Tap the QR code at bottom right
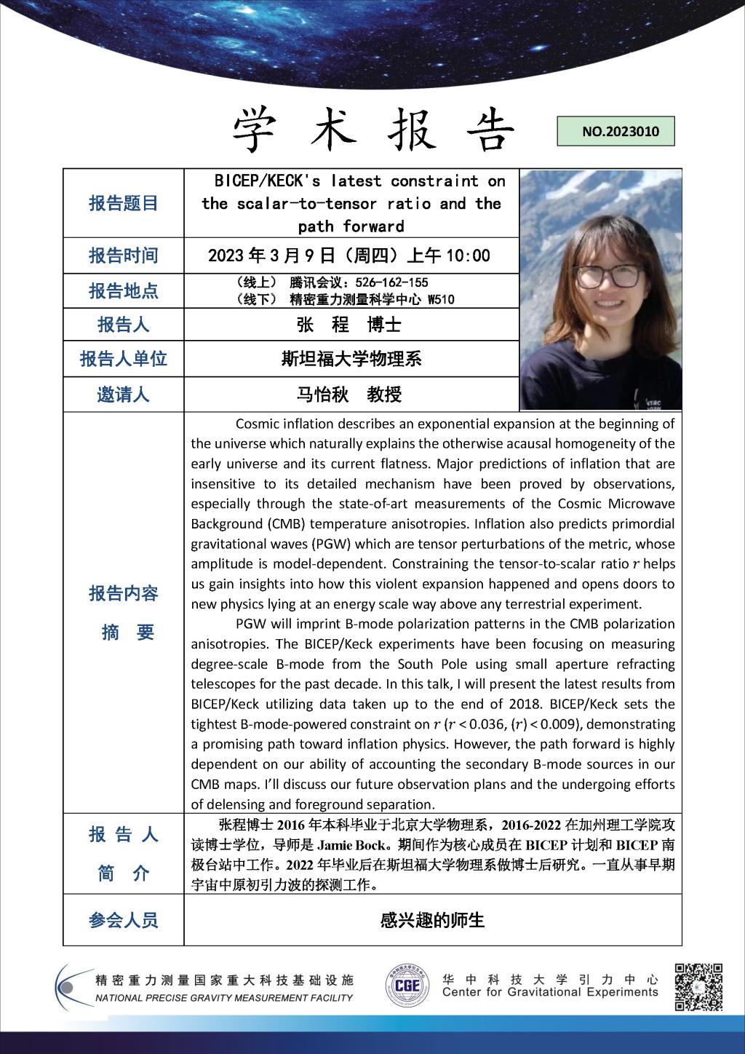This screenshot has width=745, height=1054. pos(698,987)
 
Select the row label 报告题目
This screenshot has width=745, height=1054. pos(123,204)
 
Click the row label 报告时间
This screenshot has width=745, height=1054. pos(123,255)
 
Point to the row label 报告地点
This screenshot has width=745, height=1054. pos(123,291)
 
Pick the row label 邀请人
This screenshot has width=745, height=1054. pos(123,395)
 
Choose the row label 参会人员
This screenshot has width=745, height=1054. pos(123,920)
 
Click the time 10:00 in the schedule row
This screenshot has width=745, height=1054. pos(468,255)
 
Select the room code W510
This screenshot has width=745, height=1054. pos(441,299)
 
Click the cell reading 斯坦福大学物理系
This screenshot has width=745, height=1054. pos(351,359)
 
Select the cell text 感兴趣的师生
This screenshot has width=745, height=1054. pos(432,920)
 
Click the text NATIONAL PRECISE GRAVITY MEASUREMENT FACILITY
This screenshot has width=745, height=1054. pos(224,998)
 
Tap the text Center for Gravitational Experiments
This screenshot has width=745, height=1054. pos(550,992)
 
